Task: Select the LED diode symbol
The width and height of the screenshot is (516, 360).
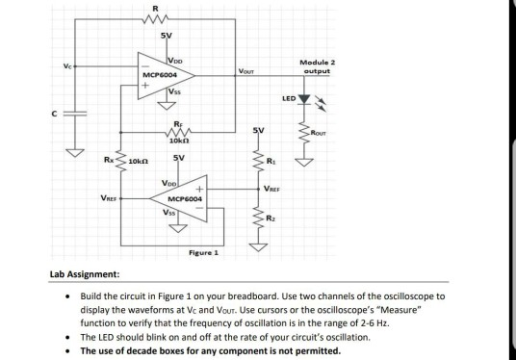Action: (305, 98)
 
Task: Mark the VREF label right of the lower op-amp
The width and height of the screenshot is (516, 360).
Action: (277, 189)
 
